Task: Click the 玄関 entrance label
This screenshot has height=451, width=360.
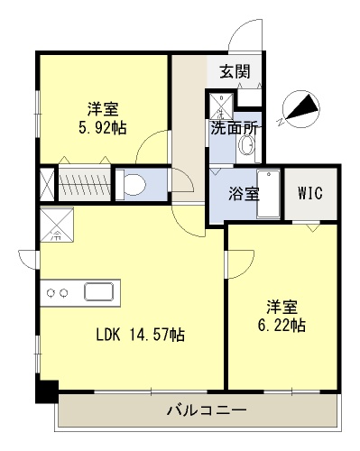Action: (235, 71)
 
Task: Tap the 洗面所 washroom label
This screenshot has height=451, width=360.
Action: (234, 129)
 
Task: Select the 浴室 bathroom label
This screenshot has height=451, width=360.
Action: (244, 193)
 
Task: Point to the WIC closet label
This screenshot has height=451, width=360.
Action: (310, 193)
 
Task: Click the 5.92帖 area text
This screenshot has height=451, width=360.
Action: (102, 127)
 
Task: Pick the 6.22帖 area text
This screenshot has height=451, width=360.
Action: (282, 325)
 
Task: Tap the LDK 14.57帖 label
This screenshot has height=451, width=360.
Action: (141, 335)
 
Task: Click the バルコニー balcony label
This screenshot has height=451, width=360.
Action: (207, 410)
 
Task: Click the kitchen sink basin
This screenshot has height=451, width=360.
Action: (99, 291)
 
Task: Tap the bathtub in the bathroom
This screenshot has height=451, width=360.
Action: (269, 193)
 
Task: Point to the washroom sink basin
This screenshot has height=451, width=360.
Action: (246, 146)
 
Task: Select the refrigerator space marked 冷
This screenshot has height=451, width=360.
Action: (57, 224)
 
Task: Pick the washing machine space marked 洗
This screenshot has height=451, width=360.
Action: (222, 106)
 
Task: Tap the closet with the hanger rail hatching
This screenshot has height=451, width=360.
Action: (85, 183)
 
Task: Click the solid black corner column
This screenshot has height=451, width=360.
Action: (47, 391)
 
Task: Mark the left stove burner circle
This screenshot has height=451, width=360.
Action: (50, 292)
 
